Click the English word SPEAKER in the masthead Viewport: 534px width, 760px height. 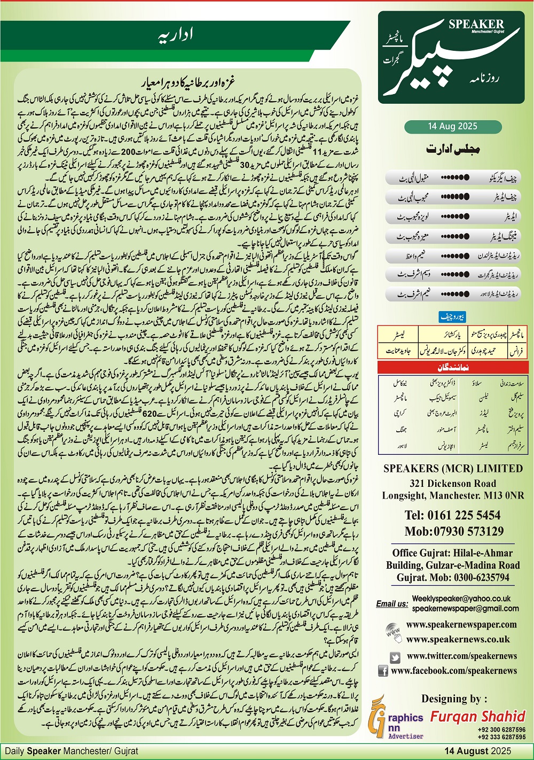[476, 24]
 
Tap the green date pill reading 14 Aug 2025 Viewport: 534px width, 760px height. [452, 127]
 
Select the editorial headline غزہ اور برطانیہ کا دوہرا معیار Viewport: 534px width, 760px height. [189, 83]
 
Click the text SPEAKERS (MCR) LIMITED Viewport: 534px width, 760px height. [453, 469]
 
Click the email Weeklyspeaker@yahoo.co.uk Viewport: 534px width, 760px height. [461, 599]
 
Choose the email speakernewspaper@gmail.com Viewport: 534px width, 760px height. [465, 608]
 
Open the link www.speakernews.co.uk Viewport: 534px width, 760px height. [458, 639]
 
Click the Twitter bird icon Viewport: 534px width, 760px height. [395, 657]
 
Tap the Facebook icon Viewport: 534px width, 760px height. [383, 671]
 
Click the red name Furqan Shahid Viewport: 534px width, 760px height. [478, 716]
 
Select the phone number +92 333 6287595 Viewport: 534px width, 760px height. [501, 736]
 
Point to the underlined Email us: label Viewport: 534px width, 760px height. [392, 604]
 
